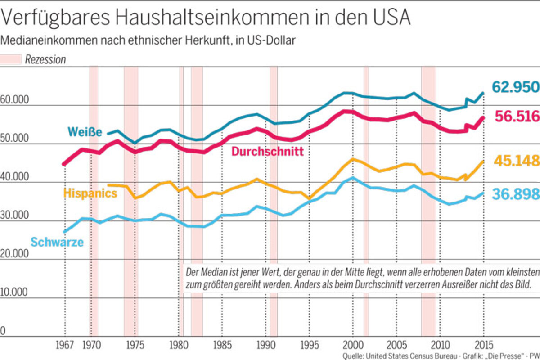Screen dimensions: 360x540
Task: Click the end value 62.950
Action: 515,87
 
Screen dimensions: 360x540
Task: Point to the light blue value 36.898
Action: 516,194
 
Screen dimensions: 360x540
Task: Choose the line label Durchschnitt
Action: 267,152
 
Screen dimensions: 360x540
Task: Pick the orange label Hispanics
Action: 90,193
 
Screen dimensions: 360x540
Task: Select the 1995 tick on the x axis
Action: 308,346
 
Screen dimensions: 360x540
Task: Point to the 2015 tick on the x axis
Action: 483,346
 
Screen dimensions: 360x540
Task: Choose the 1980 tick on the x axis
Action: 178,346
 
